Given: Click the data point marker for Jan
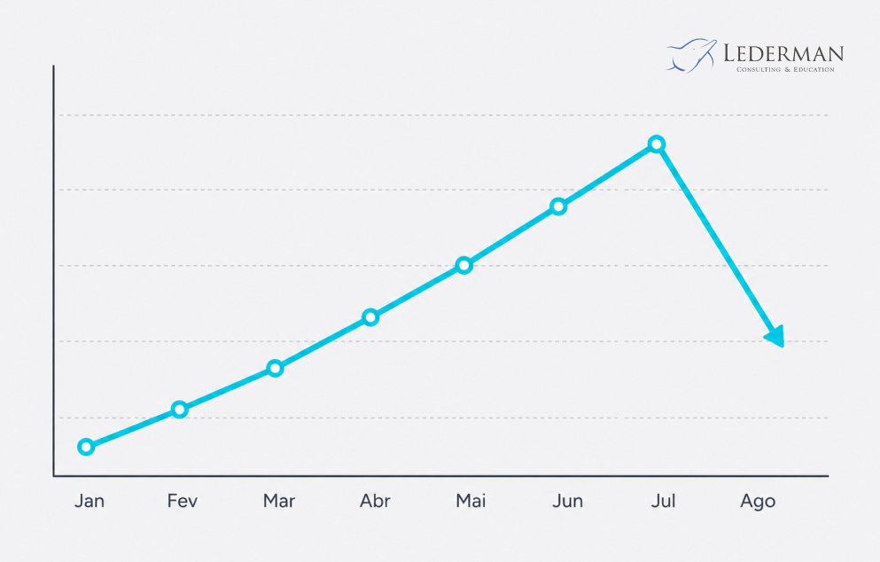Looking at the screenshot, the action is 86,447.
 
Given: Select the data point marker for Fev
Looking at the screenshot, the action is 180,410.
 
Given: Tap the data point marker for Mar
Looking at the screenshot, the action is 275,368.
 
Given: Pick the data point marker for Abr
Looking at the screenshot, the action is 370,317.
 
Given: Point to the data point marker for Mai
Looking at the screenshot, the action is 463,265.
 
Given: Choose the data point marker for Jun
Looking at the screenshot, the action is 557,207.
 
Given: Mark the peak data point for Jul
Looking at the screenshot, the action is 657,144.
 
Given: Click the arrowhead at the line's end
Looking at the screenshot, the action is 775,336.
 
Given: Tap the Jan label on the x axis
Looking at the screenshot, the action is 90,501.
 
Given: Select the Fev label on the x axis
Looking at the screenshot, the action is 183,501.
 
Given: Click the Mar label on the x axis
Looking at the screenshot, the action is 279,501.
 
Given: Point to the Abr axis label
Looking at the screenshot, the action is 375,501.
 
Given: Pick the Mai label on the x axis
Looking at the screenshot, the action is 471,501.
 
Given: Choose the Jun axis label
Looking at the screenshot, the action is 567,501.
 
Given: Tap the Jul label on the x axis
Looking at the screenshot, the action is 663,501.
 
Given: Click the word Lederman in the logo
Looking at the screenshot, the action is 783,53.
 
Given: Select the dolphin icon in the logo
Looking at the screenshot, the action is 691,56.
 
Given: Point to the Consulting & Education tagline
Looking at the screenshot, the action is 785,70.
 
